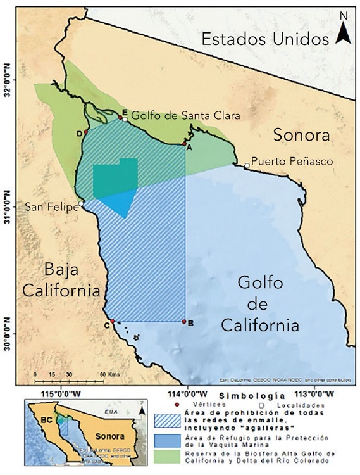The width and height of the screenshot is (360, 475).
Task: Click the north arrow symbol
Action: click(343, 28)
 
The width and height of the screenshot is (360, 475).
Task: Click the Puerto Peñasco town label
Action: click(292, 161)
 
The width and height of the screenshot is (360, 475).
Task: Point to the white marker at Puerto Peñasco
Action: click(247, 166)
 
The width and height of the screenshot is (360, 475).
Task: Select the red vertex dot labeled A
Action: click(184, 144)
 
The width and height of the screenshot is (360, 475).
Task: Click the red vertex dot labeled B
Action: click(184, 322)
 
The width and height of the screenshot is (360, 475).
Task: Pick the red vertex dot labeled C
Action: click(112, 322)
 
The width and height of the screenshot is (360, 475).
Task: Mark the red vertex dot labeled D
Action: click(86, 132)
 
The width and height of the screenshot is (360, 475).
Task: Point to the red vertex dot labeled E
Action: click(120, 117)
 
